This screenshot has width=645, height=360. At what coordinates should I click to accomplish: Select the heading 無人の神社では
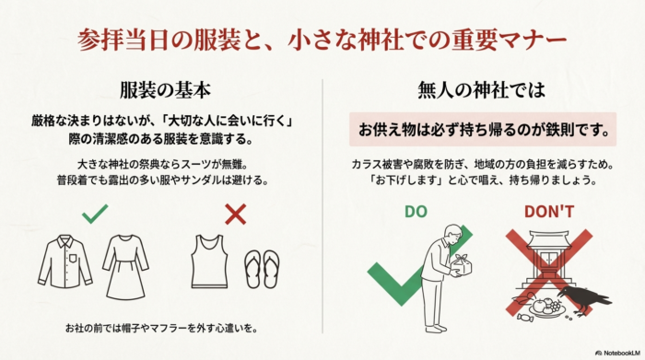coord(484,91)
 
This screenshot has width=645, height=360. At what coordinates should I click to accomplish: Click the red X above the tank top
coord(235,215)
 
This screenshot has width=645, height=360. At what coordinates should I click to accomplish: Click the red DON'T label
coord(549,212)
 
